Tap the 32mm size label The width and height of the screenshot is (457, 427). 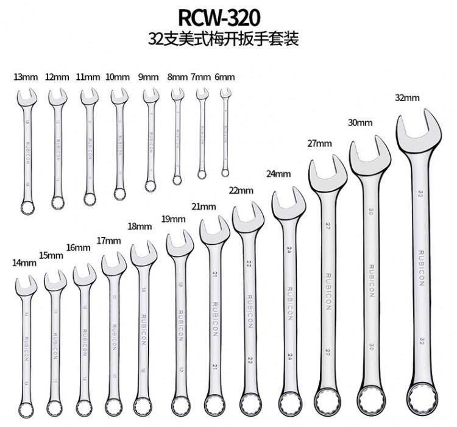pyautogui.click(x=408, y=98)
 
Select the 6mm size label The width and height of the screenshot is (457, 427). pyautogui.click(x=225, y=77)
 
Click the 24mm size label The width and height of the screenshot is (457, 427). pyautogui.click(x=278, y=174)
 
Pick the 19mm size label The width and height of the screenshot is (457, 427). pyautogui.click(x=174, y=219)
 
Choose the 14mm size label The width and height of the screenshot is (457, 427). pyautogui.click(x=25, y=263)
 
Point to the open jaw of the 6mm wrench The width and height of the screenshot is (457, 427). pyautogui.click(x=226, y=93)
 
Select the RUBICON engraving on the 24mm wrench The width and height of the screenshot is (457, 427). pyautogui.click(x=290, y=299)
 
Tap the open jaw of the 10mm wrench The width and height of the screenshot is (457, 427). pyautogui.click(x=119, y=96)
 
